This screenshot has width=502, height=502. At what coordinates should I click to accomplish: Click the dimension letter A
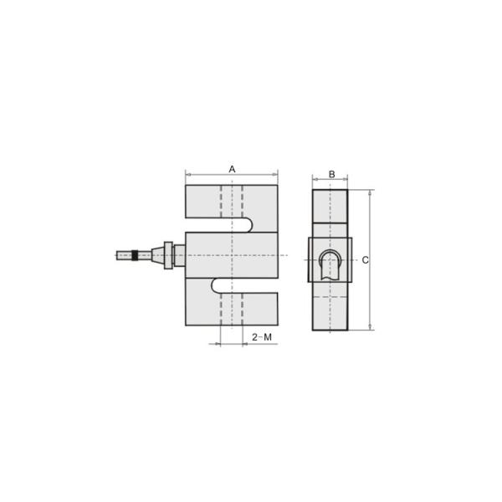[x=233, y=168]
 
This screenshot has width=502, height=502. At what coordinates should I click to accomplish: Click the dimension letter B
[x=331, y=174]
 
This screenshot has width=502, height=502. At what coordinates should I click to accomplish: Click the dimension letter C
[x=366, y=260]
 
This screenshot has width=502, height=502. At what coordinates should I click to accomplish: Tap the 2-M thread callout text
[x=262, y=336]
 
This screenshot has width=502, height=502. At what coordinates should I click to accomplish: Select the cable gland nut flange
[x=170, y=255]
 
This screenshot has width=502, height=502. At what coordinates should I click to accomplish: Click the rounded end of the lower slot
[x=216, y=285]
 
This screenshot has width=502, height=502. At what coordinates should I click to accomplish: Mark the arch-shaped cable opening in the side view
[x=330, y=264]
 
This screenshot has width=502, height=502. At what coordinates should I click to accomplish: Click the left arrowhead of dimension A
[x=187, y=175]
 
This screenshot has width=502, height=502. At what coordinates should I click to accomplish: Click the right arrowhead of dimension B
[x=346, y=179]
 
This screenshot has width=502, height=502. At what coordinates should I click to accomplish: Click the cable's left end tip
[x=118, y=254]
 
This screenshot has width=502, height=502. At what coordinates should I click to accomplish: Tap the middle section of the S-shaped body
[x=233, y=254]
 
